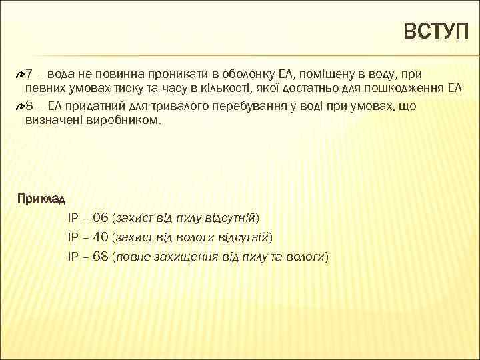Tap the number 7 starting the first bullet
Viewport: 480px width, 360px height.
click(30, 72)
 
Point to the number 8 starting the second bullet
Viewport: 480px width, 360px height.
click(30, 105)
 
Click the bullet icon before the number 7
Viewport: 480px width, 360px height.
click(20, 72)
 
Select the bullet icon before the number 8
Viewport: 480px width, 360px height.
click(20, 105)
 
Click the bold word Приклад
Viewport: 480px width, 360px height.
click(41, 199)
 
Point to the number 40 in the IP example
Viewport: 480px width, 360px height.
click(101, 237)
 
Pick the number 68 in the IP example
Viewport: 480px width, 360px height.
click(101, 256)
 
